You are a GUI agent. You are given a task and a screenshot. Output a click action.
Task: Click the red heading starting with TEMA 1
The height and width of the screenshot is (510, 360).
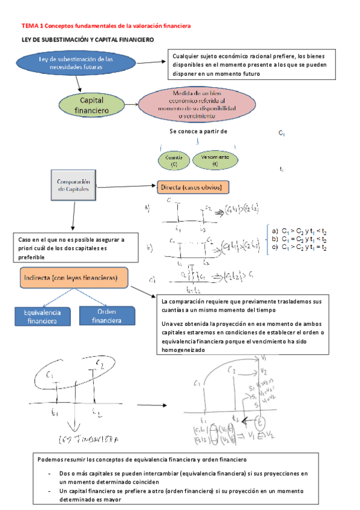(106, 26)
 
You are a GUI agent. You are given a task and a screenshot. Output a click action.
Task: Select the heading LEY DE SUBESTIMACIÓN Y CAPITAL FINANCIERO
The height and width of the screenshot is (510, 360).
(88, 39)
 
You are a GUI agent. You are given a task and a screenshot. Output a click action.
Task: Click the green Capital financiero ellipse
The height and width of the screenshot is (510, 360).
(90, 105)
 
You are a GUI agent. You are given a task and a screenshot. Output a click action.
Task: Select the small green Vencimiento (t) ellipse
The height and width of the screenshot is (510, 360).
(215, 159)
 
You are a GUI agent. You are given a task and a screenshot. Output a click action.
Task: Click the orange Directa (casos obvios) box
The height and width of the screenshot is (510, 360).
(193, 188)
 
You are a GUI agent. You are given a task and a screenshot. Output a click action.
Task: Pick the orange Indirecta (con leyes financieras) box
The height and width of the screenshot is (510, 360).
(74, 278)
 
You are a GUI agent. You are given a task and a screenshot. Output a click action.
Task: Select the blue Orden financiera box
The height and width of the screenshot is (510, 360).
(106, 316)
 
